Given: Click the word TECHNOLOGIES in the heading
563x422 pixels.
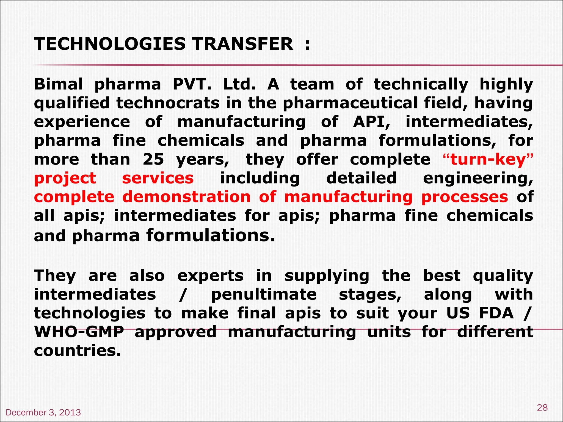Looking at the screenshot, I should click(110, 44).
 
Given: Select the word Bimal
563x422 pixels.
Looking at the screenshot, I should click(58, 84).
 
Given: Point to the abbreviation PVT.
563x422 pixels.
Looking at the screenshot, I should click(192, 84).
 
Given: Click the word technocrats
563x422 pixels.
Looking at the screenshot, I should click(168, 103).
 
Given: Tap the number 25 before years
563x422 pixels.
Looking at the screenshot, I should click(153, 159).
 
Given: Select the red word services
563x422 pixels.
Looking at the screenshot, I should click(158, 178).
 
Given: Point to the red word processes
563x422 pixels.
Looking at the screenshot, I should click(465, 197).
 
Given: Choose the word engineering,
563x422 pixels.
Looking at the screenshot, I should click(478, 179).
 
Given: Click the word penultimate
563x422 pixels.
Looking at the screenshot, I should click(264, 295).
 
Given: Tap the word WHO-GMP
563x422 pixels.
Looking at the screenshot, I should click(79, 332).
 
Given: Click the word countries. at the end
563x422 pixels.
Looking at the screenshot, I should click(78, 351).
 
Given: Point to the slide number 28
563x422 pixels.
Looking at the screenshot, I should click(542, 407).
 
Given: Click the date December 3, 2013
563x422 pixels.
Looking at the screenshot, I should click(43, 412).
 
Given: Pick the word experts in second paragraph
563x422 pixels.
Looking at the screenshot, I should click(210, 276).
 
